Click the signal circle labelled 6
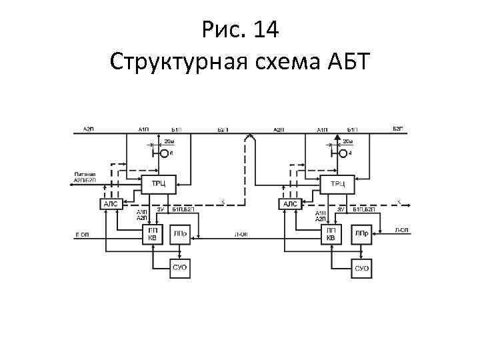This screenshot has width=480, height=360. [x=164, y=153]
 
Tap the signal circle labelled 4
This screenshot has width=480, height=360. [x=343, y=153]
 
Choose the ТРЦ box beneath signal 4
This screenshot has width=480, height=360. [x=339, y=183]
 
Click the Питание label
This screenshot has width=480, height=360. [x=84, y=175]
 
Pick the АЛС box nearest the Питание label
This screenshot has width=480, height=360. [x=110, y=203]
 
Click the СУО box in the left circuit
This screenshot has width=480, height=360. [x=180, y=268]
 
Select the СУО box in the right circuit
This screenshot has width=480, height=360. [x=361, y=268]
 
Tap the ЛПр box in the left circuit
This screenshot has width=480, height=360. [x=180, y=234]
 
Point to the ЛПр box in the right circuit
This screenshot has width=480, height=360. [x=361, y=234]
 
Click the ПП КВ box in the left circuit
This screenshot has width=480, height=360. [x=153, y=235]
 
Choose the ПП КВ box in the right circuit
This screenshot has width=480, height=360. [x=331, y=235]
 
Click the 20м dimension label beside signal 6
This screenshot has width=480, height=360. [x=169, y=141]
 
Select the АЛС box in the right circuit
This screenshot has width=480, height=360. [x=290, y=203]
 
